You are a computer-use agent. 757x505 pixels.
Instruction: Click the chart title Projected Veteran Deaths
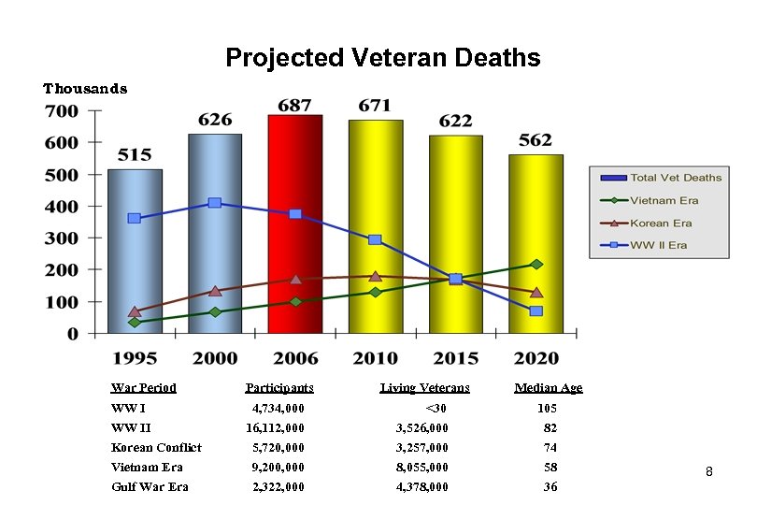click(382, 58)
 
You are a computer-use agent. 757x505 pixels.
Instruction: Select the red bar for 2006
click(295, 252)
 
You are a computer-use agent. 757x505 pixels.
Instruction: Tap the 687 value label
click(295, 105)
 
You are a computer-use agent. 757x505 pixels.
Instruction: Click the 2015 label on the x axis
click(456, 358)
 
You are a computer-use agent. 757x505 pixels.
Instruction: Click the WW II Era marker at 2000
click(215, 203)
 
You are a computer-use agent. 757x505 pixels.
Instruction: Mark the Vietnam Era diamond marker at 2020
click(536, 265)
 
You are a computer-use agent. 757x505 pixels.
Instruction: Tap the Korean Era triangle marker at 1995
click(135, 311)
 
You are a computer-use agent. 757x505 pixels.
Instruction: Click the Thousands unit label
click(85, 89)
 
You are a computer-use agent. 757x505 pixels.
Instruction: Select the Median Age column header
click(549, 388)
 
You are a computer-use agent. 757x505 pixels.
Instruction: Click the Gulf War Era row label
click(150, 487)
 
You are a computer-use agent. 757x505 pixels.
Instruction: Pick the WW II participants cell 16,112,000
click(275, 428)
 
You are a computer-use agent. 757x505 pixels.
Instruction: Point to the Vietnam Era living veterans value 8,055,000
click(422, 468)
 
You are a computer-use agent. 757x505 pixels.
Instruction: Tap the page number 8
click(708, 472)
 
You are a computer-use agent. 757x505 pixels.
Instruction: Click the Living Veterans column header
click(425, 388)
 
